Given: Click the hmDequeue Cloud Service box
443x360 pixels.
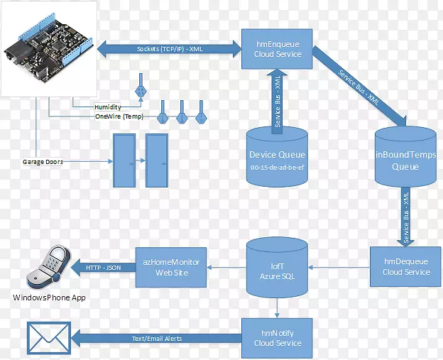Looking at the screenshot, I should click(x=406, y=266).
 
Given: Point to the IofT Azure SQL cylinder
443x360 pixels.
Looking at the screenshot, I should click(x=278, y=268).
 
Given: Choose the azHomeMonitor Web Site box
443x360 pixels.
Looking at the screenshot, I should click(x=171, y=267).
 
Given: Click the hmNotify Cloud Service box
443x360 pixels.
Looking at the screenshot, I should click(x=278, y=337).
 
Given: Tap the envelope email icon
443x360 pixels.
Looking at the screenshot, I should click(x=49, y=338).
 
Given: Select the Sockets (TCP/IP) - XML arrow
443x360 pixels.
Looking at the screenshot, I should click(x=168, y=49).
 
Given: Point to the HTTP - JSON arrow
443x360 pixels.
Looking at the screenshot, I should click(x=104, y=267).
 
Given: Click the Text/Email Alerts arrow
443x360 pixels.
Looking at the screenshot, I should click(x=156, y=339).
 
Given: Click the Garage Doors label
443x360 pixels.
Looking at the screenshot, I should click(x=43, y=162).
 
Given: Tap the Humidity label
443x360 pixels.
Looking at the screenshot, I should click(x=106, y=107).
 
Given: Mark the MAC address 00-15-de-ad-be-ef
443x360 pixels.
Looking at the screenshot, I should click(x=277, y=168).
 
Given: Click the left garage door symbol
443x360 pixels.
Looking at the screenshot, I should click(x=122, y=160).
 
